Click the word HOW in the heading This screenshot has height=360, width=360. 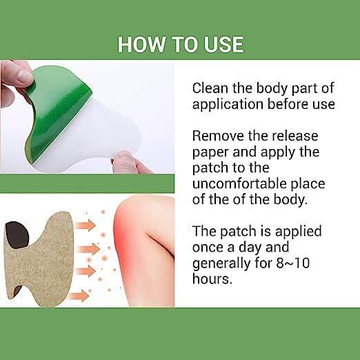[139, 43]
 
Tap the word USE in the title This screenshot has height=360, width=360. [221, 43]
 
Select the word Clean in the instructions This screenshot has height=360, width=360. [212, 88]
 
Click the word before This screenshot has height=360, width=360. [292, 105]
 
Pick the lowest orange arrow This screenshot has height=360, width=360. [79, 295]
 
